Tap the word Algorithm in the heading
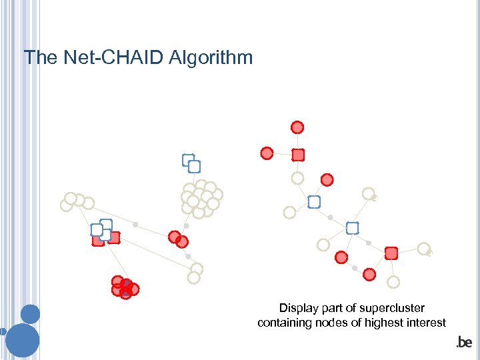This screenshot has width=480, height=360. point(211,58)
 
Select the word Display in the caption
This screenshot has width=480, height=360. point(299,308)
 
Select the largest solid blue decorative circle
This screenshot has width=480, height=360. point(23,340)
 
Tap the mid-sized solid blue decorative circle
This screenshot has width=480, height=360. point(31,313)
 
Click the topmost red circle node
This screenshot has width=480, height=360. point(297,127)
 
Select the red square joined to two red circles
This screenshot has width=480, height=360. point(298,155)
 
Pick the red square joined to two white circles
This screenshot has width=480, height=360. point(391,253)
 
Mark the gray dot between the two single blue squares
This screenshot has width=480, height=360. point(331,217)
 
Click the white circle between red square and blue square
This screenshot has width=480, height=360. point(297,178)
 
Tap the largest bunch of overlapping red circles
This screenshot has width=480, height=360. point(125,287)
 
